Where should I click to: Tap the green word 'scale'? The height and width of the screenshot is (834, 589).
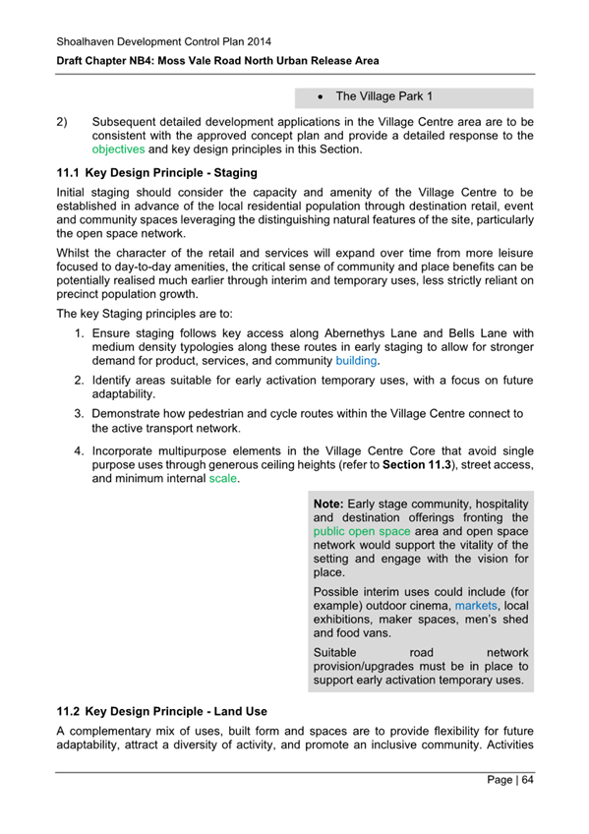(x=223, y=479)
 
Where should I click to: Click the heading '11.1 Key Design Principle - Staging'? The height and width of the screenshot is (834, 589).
(x=157, y=172)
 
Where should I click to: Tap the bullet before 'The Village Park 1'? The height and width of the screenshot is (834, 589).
(x=322, y=97)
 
